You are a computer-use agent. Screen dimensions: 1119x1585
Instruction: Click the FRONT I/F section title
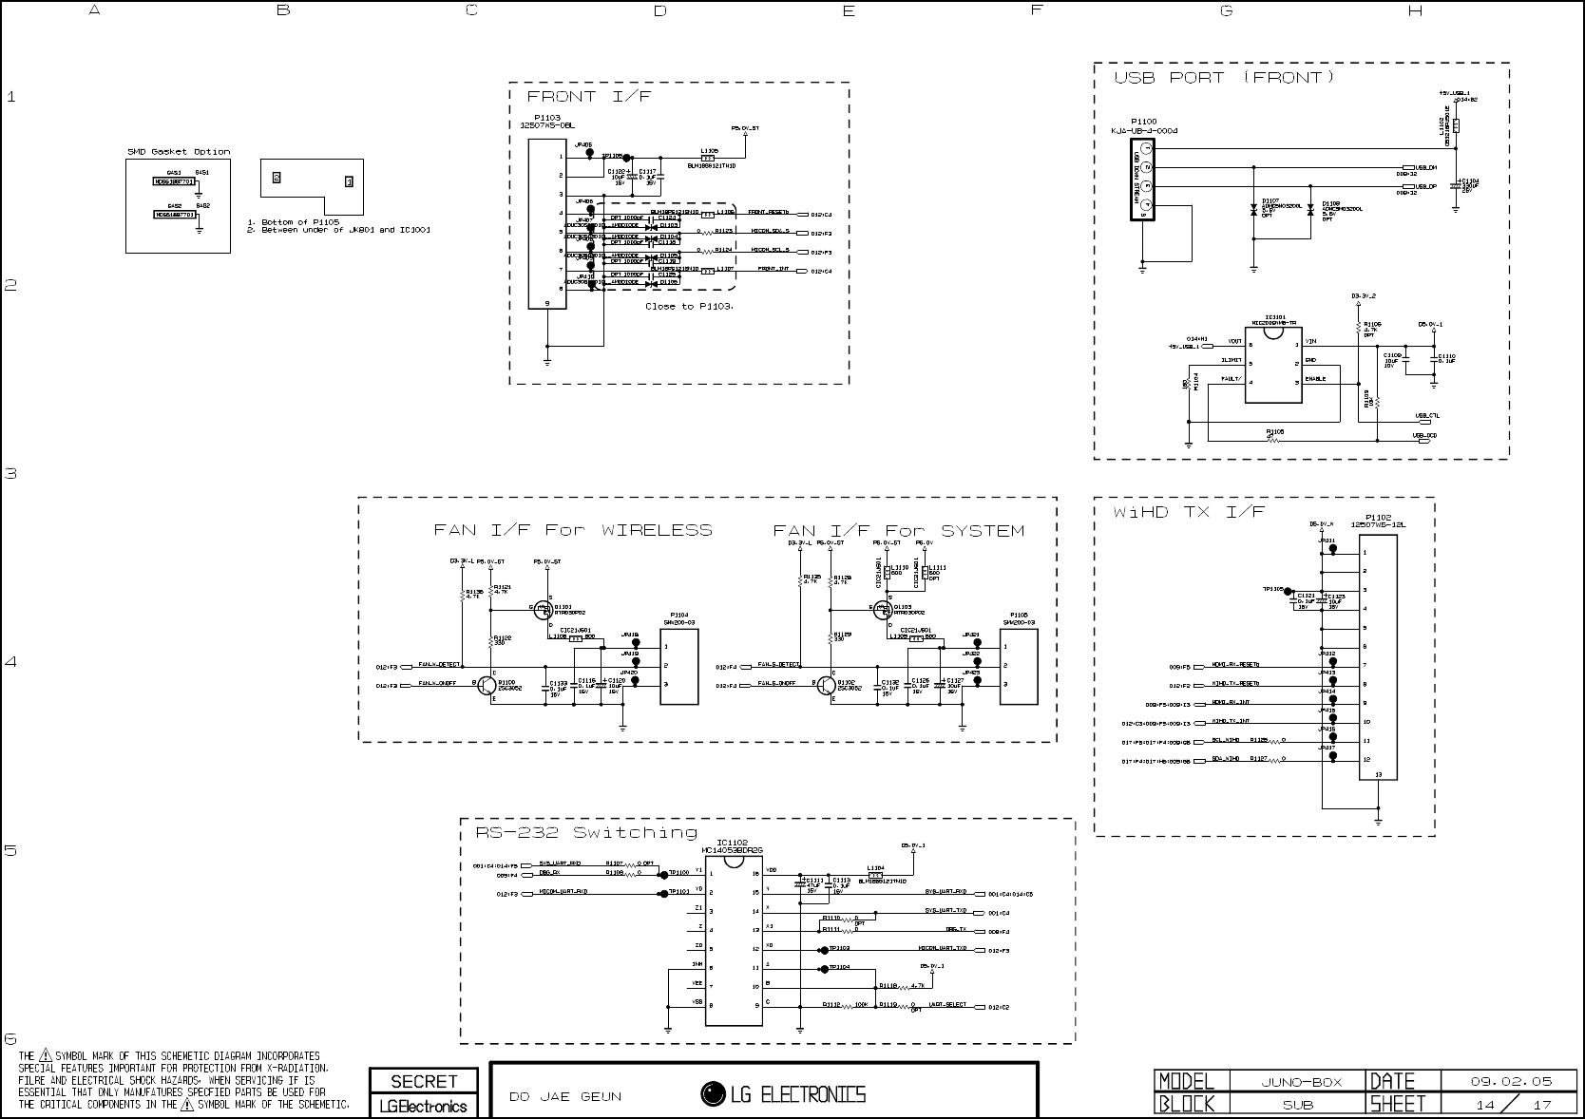pyautogui.click(x=589, y=97)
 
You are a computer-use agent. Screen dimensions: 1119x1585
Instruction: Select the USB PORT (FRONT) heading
pyautogui.click(x=1224, y=78)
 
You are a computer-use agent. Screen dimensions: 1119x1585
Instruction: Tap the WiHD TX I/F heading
pyautogui.click(x=1189, y=512)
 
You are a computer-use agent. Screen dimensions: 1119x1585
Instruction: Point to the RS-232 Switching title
pyautogui.click(x=586, y=833)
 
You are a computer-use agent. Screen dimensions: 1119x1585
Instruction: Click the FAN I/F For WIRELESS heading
pyautogui.click(x=573, y=530)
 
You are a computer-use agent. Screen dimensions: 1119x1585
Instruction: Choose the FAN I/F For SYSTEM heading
pyautogui.click(x=898, y=530)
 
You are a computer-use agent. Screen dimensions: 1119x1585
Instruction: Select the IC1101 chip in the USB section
pyautogui.click(x=1273, y=361)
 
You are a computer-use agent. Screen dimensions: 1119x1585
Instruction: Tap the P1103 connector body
pyautogui.click(x=546, y=224)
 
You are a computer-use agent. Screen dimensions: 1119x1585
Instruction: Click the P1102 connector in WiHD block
pyautogui.click(x=1378, y=656)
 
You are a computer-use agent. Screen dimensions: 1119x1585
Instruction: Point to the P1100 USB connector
pyautogui.click(x=1141, y=180)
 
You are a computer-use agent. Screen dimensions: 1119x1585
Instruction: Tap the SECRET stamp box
pyautogui.click(x=424, y=1081)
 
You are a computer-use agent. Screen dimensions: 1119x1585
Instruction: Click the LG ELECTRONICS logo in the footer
pyautogui.click(x=783, y=1094)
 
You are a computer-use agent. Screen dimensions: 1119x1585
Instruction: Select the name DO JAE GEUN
pyautogui.click(x=565, y=1097)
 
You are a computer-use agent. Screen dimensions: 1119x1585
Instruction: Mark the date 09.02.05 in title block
pyautogui.click(x=1510, y=1081)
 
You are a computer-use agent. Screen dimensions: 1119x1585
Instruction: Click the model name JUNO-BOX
pyautogui.click(x=1300, y=1081)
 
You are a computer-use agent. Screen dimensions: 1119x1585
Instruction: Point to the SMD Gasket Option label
pyautogui.click(x=179, y=152)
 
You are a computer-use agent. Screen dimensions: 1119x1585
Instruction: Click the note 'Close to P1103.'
pyautogui.click(x=689, y=307)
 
